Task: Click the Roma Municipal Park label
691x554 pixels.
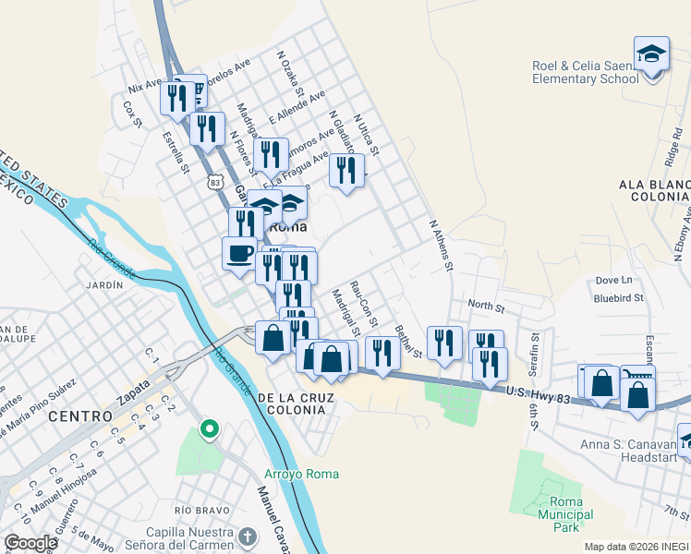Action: (559, 514)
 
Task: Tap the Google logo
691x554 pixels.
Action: (30, 543)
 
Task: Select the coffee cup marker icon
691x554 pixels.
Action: (239, 252)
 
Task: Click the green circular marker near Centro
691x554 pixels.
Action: (210, 428)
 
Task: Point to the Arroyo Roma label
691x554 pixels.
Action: (302, 474)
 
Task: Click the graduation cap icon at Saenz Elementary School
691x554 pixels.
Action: (651, 53)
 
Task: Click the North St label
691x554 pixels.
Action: (486, 305)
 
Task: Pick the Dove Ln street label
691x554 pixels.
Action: (613, 280)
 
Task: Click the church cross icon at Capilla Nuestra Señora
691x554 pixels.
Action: (247, 536)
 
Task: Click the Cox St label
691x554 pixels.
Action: (132, 114)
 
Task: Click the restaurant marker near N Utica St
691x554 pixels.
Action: (346, 170)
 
